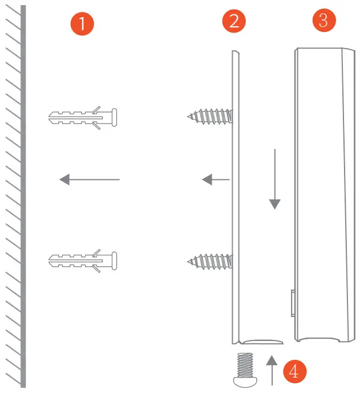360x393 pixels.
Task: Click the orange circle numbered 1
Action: (82, 24)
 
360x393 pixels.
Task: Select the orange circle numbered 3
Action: (323, 21)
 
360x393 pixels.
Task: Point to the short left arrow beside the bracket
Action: (215, 180)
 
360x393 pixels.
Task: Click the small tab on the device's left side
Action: (292, 303)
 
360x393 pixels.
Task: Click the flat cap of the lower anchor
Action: (115, 261)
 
